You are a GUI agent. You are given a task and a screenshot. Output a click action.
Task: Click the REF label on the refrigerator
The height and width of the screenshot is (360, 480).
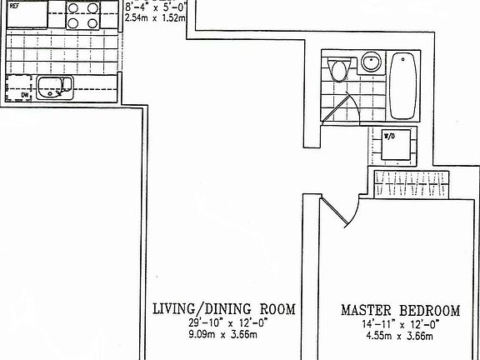coord(14,5)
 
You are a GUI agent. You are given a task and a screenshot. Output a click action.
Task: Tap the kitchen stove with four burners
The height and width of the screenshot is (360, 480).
coord(83,15)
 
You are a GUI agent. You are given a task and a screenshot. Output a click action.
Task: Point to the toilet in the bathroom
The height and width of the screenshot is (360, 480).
coord(337,69)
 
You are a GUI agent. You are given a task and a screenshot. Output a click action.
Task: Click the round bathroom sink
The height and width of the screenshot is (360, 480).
coord(371,63)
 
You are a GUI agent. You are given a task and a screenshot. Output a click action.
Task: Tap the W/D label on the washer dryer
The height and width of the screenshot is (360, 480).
coord(389,136)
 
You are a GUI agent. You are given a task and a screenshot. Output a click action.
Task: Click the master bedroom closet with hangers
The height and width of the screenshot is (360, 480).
coord(412,184)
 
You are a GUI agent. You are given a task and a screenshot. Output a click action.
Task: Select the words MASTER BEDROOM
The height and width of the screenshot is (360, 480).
coord(400,312)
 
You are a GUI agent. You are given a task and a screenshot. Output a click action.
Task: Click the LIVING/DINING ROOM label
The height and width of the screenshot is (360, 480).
coord(223,310)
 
